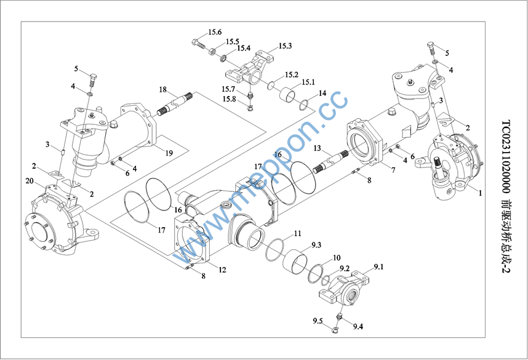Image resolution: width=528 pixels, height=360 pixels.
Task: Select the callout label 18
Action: (163, 90)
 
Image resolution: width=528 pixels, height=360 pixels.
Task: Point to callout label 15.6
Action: (215, 32)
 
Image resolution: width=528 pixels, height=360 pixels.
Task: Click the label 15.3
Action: (285, 46)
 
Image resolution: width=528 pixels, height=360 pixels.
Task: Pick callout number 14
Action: (322, 94)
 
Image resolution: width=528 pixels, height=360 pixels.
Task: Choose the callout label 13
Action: (318, 150)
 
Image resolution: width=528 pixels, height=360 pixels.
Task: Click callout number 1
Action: (479, 192)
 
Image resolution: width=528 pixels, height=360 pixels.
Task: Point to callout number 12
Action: (222, 270)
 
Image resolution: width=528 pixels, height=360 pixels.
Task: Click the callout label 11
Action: (297, 234)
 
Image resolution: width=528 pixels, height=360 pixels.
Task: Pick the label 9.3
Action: (316, 245)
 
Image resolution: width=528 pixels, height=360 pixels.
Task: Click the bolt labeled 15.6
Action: (198, 44)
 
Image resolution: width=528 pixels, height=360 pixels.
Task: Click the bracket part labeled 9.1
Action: (345, 290)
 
